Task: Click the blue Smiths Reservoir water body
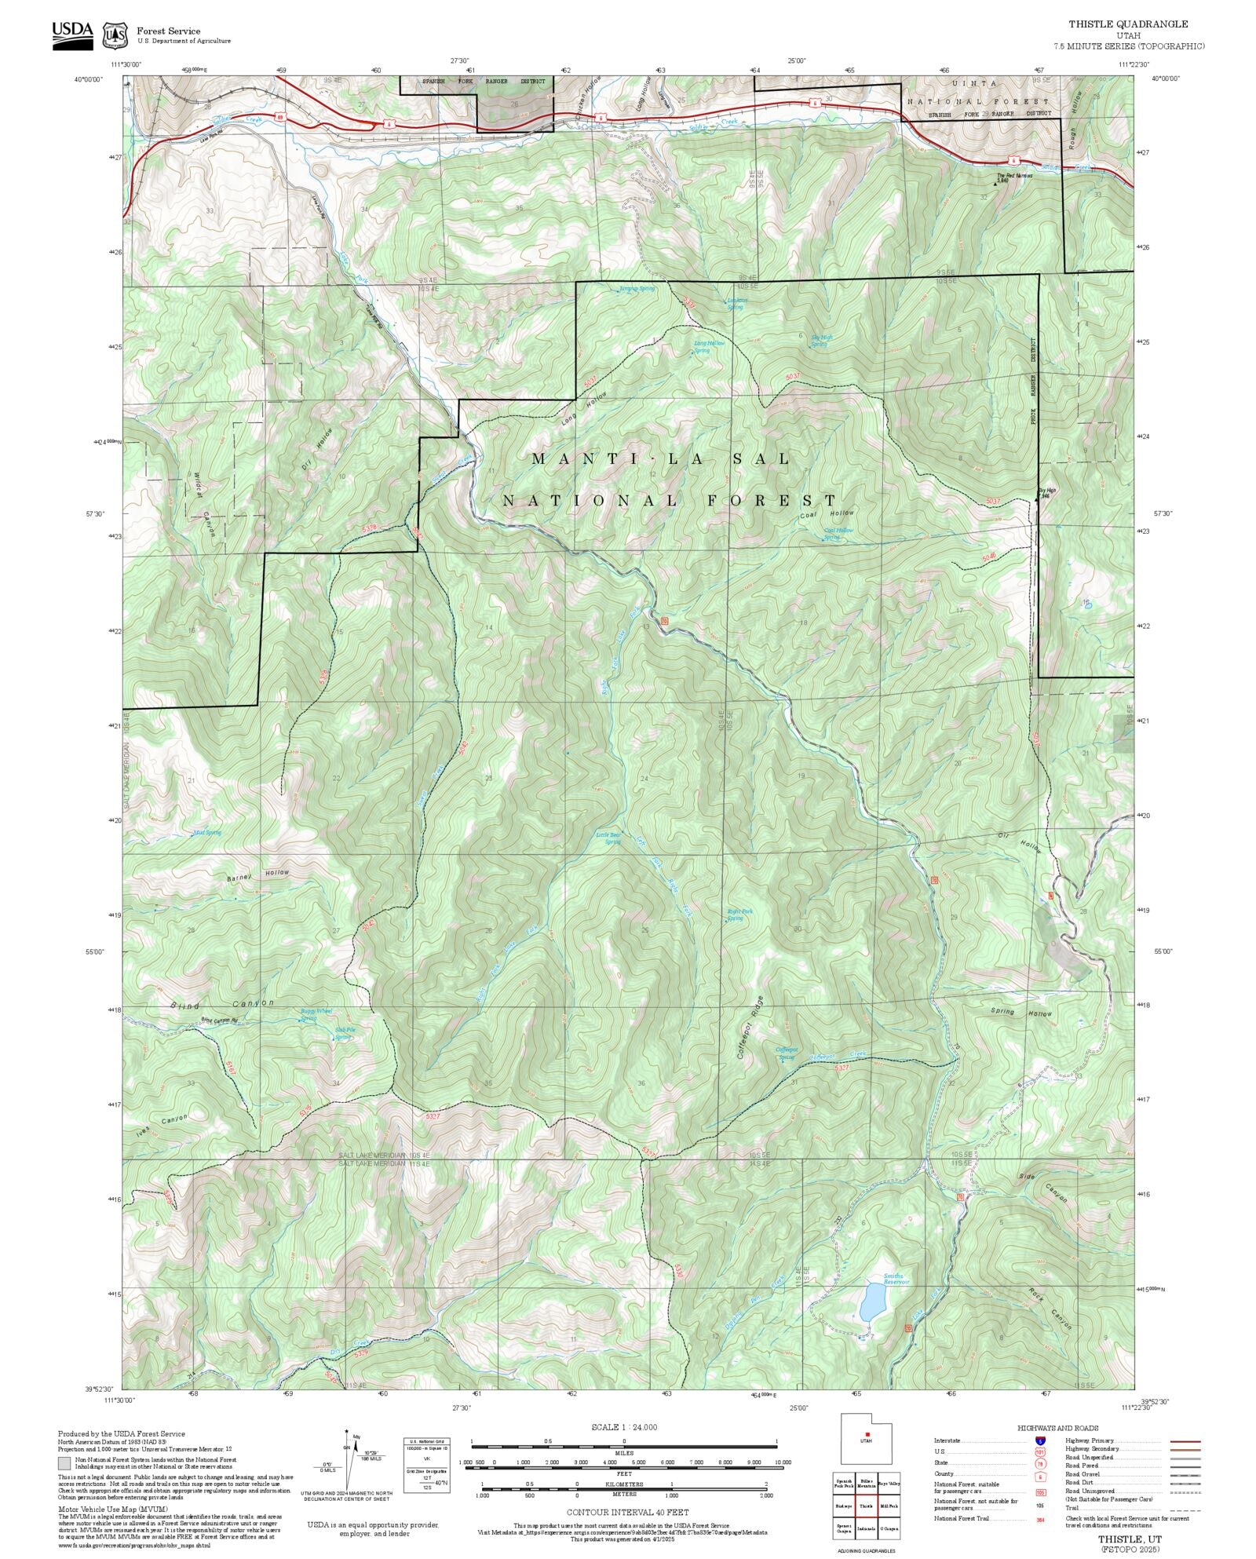click(x=871, y=1302)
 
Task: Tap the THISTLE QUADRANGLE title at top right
click(x=1127, y=24)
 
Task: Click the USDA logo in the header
click(x=72, y=34)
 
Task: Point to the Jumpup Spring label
click(x=637, y=288)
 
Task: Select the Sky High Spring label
click(x=820, y=341)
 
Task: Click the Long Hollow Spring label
click(x=708, y=346)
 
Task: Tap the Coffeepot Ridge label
click(x=749, y=1029)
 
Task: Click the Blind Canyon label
click(x=222, y=1004)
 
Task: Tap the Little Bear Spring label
click(x=610, y=838)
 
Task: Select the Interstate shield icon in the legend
click(x=1040, y=1441)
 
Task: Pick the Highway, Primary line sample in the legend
click(x=1185, y=1441)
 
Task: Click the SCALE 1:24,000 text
click(x=624, y=1427)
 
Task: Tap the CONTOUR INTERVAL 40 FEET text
click(x=627, y=1511)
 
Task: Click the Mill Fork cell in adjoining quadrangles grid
click(x=889, y=1506)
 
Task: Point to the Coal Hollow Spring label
click(x=838, y=533)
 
